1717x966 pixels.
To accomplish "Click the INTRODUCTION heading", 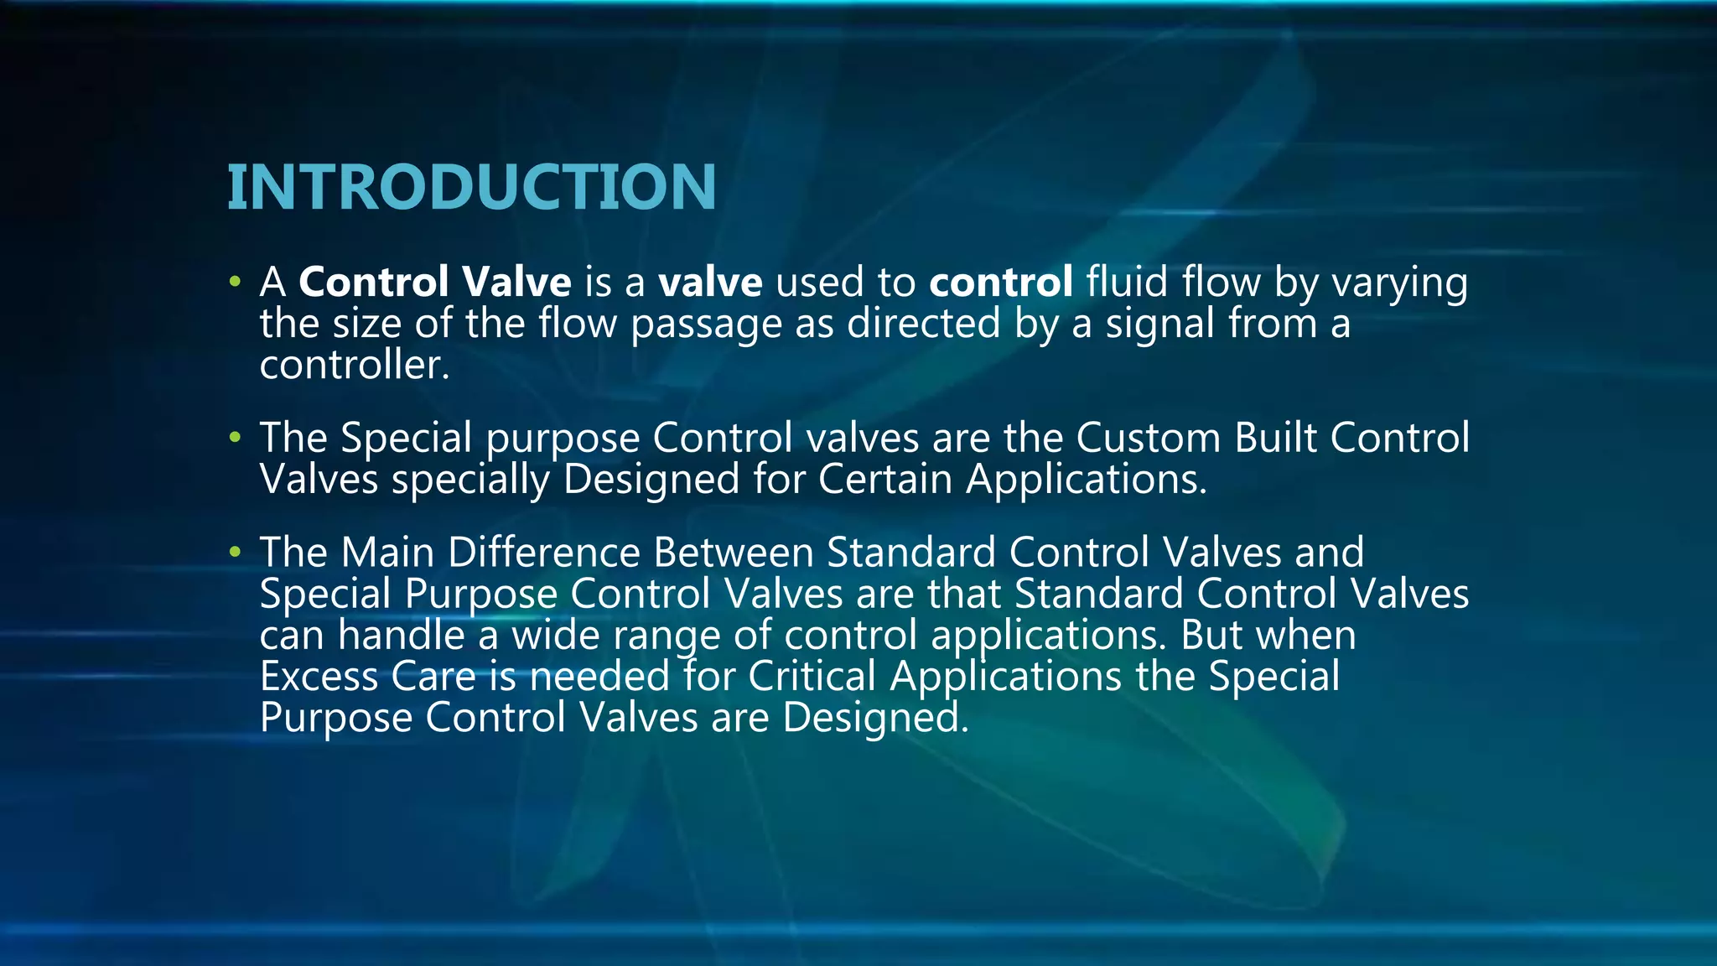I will tap(471, 186).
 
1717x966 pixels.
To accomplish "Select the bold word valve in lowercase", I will tap(710, 282).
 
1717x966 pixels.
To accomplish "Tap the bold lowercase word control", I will tap(1000, 282).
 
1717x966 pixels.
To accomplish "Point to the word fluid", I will tap(1127, 282).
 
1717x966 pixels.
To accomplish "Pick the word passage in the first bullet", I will tap(706, 325).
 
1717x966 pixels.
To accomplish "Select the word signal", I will tap(1159, 325).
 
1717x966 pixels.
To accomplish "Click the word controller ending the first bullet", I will tap(354, 365).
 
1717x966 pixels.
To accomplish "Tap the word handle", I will tap(401, 635).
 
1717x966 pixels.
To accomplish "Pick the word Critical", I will tap(812, 676).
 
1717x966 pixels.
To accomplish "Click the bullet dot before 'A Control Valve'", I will tap(235, 281).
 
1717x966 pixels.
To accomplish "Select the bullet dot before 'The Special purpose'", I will tap(235, 437).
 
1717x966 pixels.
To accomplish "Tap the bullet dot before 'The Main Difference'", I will tap(235, 552).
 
